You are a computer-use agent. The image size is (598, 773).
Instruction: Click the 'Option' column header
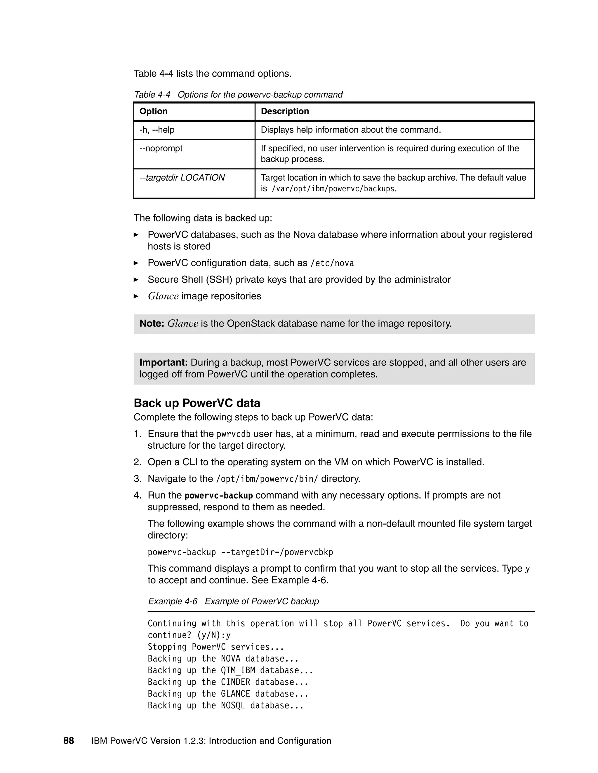pos(153,111)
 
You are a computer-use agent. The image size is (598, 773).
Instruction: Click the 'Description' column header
pos(284,111)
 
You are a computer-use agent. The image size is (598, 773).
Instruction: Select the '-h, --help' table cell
pos(157,130)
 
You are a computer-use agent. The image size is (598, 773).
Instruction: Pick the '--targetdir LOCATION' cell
pos(182,178)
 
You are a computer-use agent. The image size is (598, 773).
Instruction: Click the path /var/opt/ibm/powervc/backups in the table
pos(333,189)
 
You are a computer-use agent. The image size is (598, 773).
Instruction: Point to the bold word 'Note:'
pos(152,323)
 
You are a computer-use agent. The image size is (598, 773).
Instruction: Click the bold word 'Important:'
pos(163,362)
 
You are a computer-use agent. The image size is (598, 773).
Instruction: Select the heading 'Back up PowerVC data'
pos(197,403)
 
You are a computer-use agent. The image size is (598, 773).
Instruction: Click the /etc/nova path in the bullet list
pos(332,263)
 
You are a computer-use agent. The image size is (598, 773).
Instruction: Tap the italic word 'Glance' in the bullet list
pos(163,296)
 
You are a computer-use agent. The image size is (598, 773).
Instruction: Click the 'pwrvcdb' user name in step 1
pos(234,434)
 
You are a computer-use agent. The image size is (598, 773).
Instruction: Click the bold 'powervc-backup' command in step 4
pos(219,496)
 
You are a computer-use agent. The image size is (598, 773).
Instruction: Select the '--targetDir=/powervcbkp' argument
pos(277,552)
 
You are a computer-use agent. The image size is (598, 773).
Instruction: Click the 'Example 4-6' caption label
pos(173,601)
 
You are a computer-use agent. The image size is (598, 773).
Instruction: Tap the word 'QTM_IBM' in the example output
pos(238,670)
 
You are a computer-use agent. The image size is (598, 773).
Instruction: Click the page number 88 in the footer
pos(69,741)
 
